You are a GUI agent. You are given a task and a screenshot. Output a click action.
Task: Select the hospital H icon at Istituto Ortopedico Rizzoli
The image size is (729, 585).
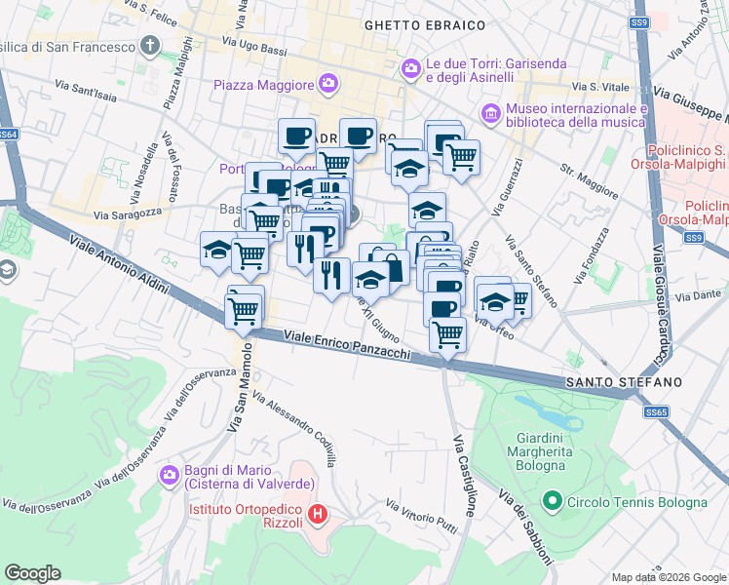(317, 514)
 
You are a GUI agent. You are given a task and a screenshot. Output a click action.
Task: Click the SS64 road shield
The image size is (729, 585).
(8, 135)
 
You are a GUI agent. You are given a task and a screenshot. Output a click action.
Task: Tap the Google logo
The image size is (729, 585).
(33, 572)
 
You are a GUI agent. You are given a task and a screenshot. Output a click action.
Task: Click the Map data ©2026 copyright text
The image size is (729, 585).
(667, 576)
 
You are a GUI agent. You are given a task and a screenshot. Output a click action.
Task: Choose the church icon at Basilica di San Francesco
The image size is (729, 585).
(150, 46)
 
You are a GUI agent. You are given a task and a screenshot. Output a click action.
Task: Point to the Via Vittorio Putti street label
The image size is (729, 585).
(421, 517)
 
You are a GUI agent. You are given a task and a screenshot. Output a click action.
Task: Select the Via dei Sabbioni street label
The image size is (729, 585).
(526, 526)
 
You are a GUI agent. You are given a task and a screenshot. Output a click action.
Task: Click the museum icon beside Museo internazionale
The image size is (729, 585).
(490, 115)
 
